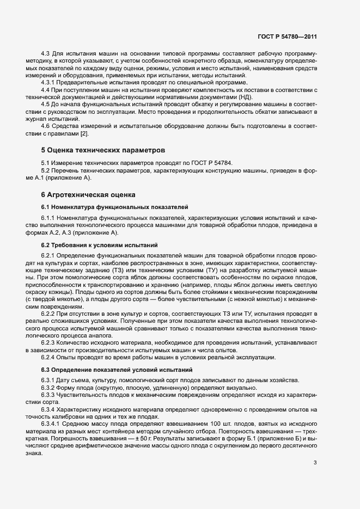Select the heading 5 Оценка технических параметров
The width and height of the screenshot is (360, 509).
click(x=103, y=149)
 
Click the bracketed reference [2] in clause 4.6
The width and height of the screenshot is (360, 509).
click(x=84, y=133)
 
